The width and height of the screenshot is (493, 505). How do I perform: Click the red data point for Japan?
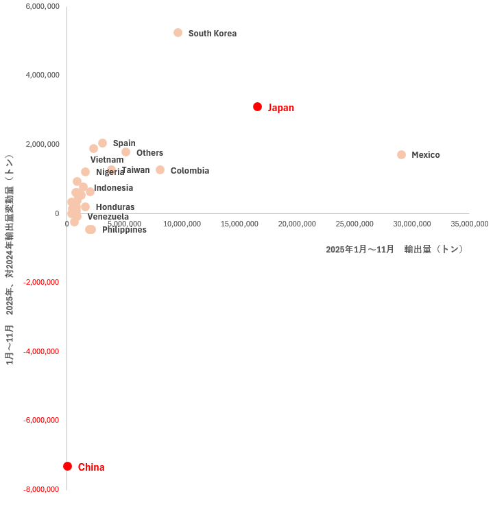click(257, 107)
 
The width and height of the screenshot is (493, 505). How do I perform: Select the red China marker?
click(67, 467)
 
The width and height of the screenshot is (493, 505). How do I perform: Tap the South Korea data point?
click(178, 33)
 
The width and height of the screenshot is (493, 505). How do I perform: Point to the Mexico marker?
click(401, 155)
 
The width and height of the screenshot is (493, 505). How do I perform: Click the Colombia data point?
click(160, 170)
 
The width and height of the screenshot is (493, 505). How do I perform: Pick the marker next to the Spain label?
click(102, 143)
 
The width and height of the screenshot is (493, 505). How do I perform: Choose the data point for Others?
click(125, 152)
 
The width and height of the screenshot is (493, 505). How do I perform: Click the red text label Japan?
click(280, 108)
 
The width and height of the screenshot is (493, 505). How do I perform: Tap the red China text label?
click(91, 467)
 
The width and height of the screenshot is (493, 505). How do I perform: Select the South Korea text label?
click(212, 34)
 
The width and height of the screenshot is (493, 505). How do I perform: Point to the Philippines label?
click(124, 230)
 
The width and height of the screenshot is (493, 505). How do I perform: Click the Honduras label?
click(115, 207)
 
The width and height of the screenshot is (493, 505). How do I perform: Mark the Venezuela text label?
click(108, 217)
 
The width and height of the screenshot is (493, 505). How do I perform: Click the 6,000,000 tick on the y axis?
click(42, 7)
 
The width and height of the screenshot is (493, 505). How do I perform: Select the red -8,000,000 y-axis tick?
click(41, 489)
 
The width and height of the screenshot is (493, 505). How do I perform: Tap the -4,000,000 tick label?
click(41, 351)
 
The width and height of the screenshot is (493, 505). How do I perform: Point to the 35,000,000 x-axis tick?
click(469, 224)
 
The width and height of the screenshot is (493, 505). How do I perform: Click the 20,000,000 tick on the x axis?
click(297, 224)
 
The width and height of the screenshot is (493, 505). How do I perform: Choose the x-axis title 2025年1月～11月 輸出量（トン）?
click(396, 250)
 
